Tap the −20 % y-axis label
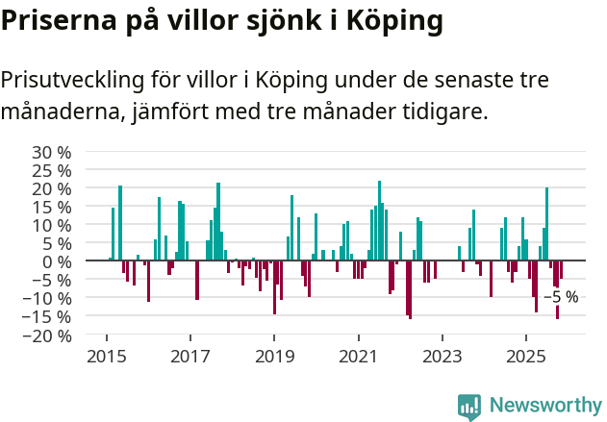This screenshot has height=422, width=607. [47, 335]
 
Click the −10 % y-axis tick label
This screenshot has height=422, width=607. [47, 298]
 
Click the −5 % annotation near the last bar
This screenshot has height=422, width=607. [562, 297]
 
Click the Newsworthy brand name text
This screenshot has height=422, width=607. [544, 405]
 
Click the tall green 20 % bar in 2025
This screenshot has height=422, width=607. [546, 224]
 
